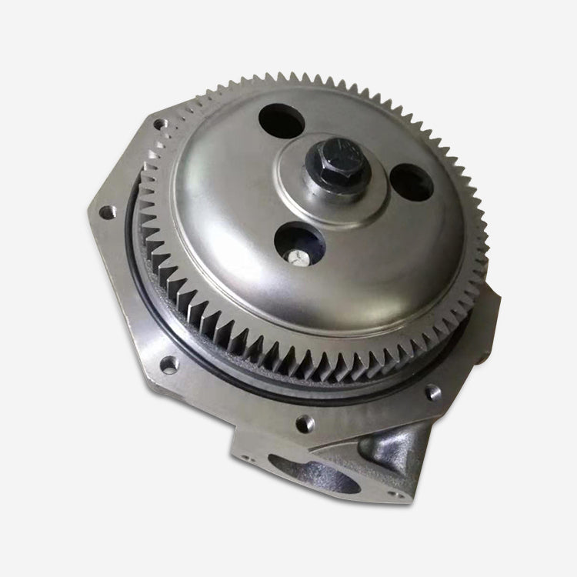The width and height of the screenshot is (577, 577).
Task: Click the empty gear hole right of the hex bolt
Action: coord(411,183)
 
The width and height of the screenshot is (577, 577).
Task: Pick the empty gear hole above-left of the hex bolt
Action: coord(282,121)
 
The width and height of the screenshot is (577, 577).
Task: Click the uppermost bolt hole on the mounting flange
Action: coord(159,124)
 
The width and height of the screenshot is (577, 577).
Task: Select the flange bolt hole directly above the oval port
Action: coord(305,422)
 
